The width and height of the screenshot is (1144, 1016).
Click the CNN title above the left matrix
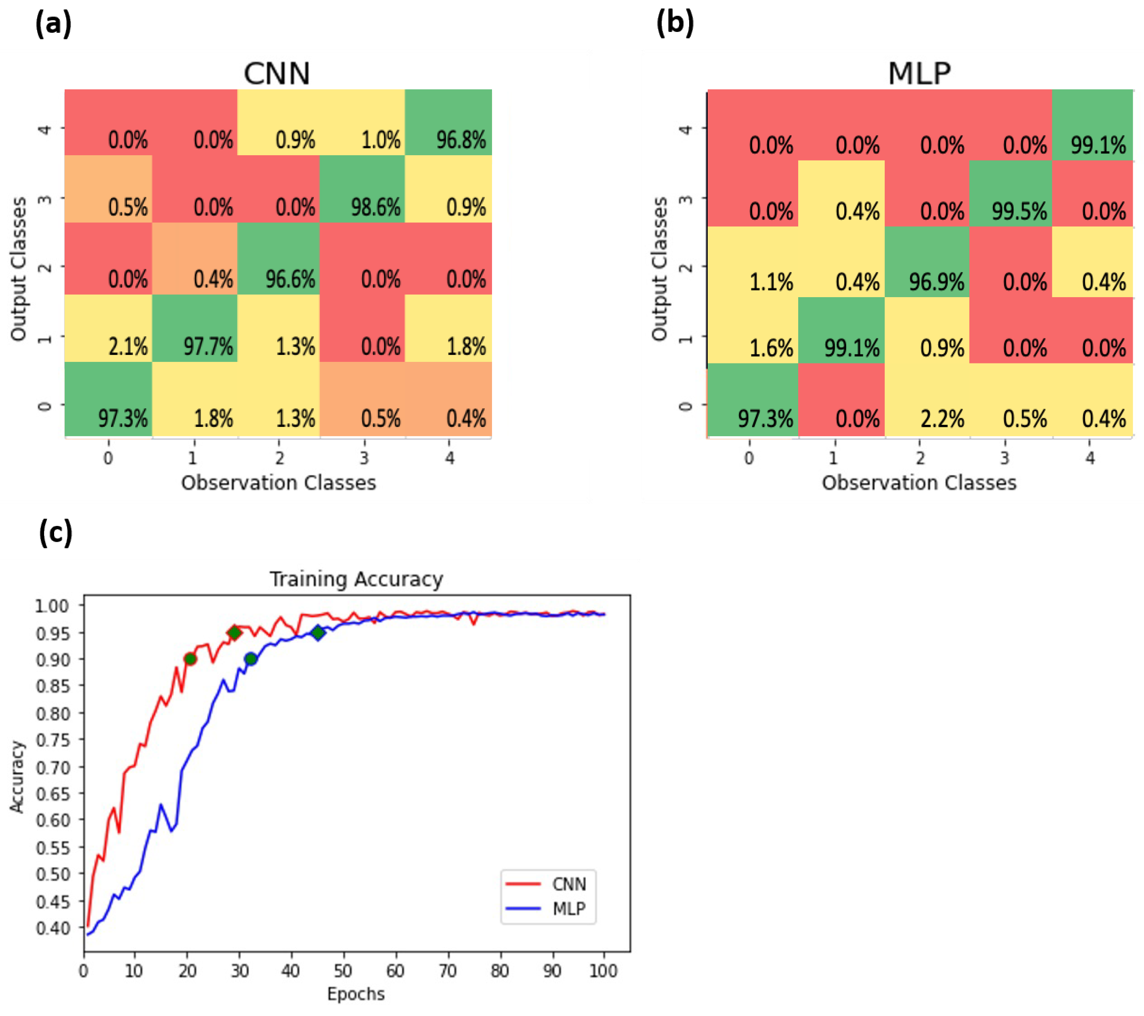click(276, 73)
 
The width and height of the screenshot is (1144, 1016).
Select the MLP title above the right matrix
click(919, 73)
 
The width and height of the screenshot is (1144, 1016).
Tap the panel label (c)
click(55, 532)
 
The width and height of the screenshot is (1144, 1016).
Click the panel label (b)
click(675, 23)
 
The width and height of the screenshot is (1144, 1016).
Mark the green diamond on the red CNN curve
click(235, 633)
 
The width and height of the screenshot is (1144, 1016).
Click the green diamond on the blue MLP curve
click(318, 633)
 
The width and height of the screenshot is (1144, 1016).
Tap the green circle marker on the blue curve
click(251, 659)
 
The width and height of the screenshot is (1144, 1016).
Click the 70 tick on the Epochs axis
click(447, 971)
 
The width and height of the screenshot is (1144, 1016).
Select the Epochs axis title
click(356, 994)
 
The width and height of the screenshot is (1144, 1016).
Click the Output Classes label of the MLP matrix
click(660, 269)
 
